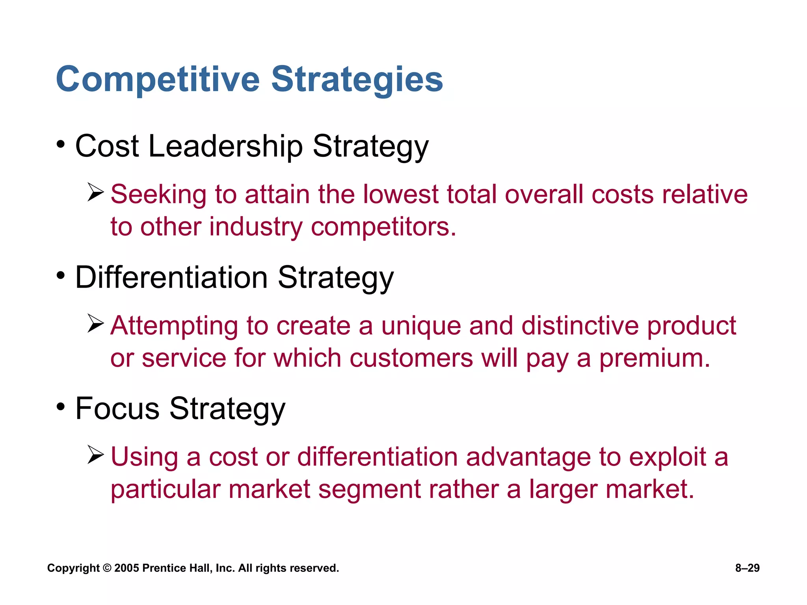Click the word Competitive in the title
pyautogui.click(x=158, y=80)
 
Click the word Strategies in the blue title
pyautogui.click(x=357, y=80)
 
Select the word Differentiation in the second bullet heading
pyautogui.click(x=172, y=278)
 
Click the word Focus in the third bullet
pyautogui.click(x=117, y=409)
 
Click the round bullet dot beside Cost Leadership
pyautogui.click(x=60, y=145)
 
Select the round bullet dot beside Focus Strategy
pyautogui.click(x=60, y=407)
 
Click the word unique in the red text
pyautogui.click(x=420, y=326)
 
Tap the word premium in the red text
pyautogui.click(x=654, y=358)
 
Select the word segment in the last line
pyautogui.click(x=370, y=490)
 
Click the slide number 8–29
pyautogui.click(x=747, y=568)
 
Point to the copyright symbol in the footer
pyautogui.click(x=107, y=568)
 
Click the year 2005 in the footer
pyautogui.click(x=127, y=568)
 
